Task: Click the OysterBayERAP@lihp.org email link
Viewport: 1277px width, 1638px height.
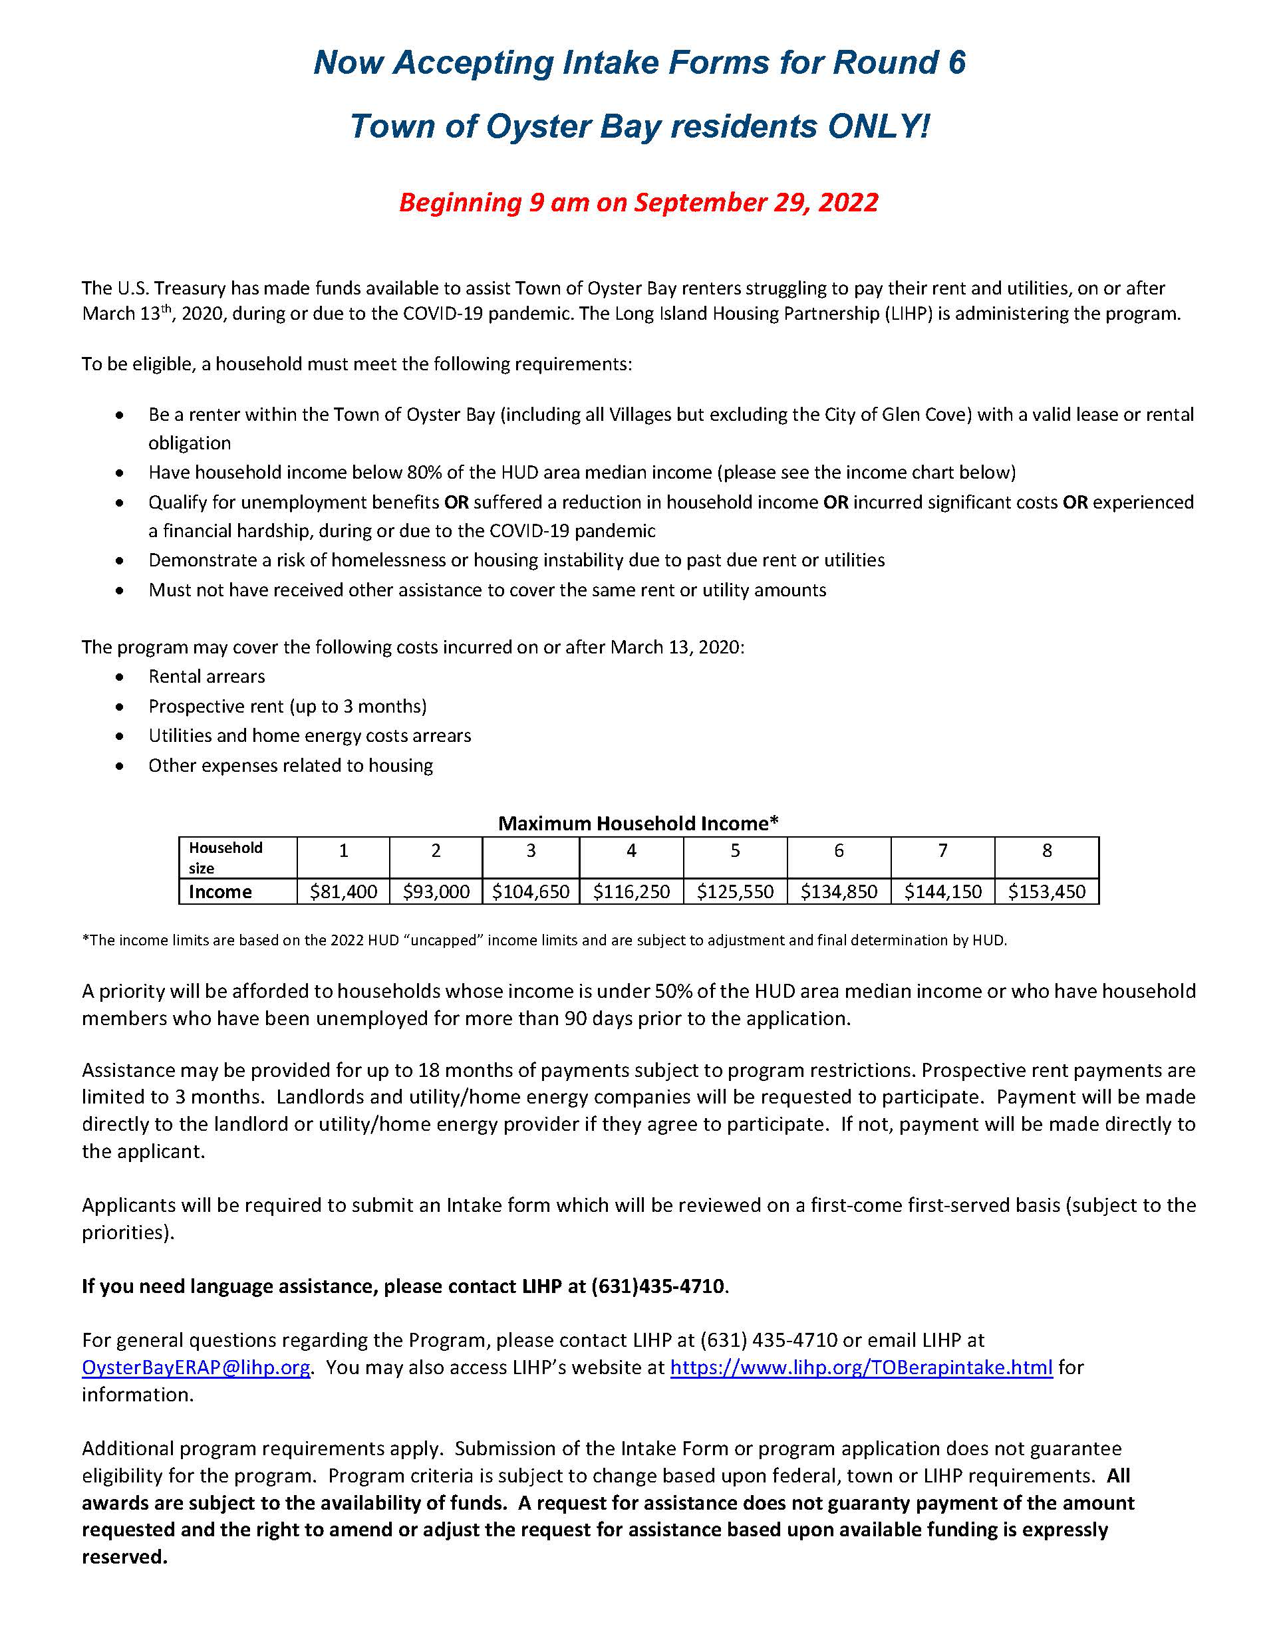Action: [196, 1367]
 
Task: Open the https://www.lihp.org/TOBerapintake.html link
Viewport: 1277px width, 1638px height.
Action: [861, 1367]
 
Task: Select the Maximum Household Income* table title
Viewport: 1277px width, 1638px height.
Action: [638, 824]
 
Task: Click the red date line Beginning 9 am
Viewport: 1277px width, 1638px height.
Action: [638, 203]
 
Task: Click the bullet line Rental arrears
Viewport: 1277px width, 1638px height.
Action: [206, 677]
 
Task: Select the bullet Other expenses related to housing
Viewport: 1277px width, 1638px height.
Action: [291, 766]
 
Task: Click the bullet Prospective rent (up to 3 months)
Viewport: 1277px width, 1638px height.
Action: [287, 707]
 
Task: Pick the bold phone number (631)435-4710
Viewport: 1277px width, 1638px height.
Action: [657, 1286]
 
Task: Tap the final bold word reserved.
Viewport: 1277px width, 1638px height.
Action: [124, 1557]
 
